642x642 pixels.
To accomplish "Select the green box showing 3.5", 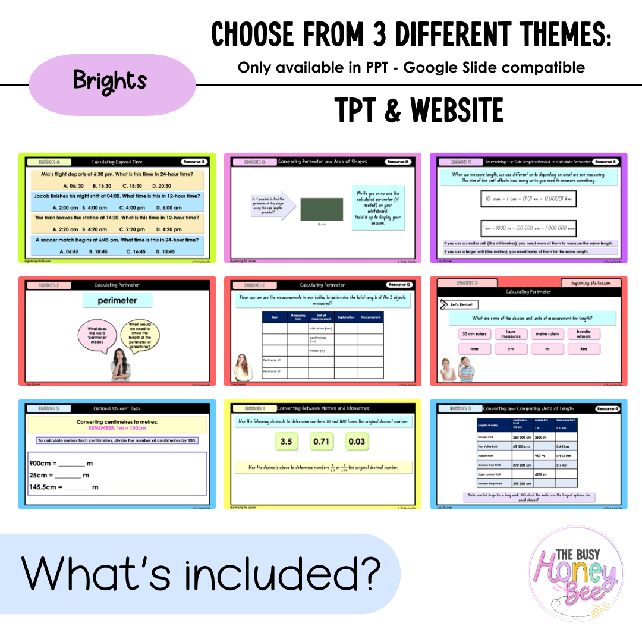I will click(x=286, y=442).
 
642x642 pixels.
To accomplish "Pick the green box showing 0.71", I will click(x=321, y=442).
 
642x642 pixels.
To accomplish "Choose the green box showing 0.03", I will click(x=357, y=442).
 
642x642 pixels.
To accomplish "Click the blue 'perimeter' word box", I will click(x=117, y=301).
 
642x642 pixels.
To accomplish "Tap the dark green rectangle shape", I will click(x=322, y=209).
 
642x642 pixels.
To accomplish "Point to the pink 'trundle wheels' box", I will click(x=583, y=334).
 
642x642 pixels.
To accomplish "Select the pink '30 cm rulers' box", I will click(x=474, y=334).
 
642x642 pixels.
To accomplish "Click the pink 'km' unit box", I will click(x=583, y=349).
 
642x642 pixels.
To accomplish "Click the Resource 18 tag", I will click(x=194, y=162).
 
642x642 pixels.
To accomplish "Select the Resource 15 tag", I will click(x=398, y=162).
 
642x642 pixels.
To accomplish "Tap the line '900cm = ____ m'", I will click(x=61, y=463).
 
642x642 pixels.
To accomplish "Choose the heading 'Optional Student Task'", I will click(x=117, y=408).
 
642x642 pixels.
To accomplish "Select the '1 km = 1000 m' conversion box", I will click(x=528, y=228).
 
